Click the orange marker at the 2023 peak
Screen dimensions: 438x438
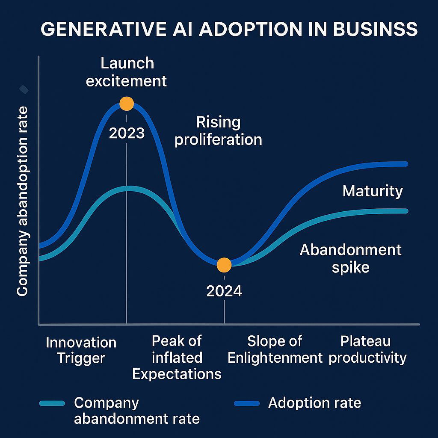point(127,104)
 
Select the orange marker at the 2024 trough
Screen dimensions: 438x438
point(224,265)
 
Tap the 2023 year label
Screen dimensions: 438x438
point(127,133)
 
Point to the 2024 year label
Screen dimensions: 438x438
point(224,291)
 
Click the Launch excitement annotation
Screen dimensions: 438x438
point(127,72)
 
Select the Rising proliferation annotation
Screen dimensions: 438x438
point(218,131)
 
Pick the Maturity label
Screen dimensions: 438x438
point(373,191)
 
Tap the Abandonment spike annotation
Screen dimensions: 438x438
point(350,258)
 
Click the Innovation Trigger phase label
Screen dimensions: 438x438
point(81,350)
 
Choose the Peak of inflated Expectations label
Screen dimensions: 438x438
point(177,357)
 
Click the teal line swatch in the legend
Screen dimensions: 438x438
point(52,403)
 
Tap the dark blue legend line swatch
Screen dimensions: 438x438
point(247,403)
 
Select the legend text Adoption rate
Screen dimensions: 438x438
point(314,402)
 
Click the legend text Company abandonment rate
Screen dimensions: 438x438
point(136,411)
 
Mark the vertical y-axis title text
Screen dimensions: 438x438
point(22,201)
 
